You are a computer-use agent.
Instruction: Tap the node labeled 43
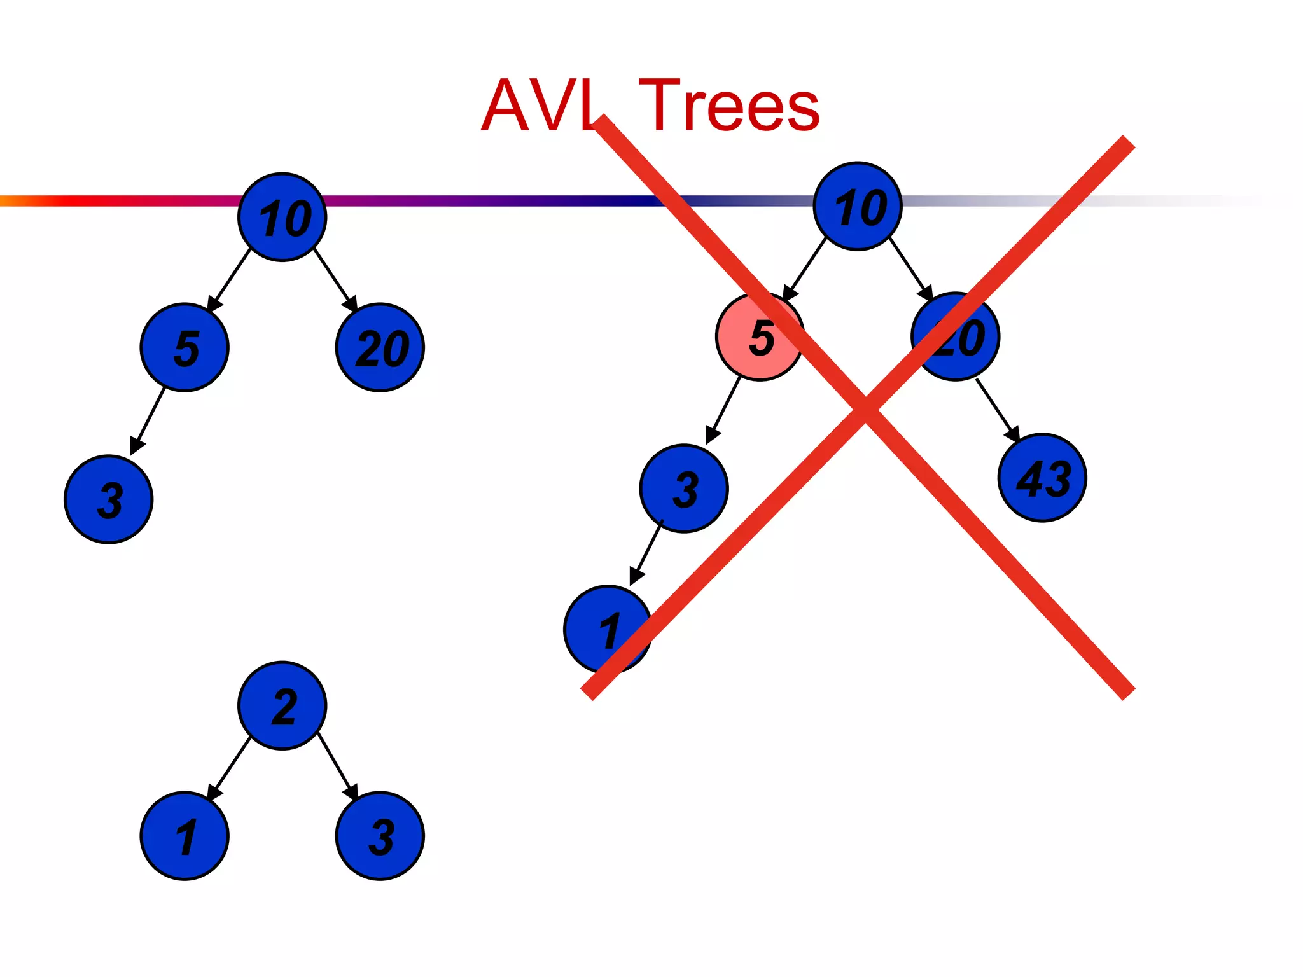pyautogui.click(x=1042, y=478)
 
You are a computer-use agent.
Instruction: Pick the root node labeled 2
pyautogui.click(x=282, y=705)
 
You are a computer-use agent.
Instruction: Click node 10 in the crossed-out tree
pyautogui.click(x=858, y=207)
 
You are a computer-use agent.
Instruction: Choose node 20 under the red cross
pyautogui.click(x=955, y=336)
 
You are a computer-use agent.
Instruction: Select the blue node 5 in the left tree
pyautogui.click(x=185, y=347)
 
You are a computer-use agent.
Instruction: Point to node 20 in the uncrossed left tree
pyautogui.click(x=380, y=347)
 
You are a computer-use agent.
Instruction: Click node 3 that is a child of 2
pyautogui.click(x=380, y=836)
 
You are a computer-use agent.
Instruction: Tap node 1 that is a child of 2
pyautogui.click(x=185, y=836)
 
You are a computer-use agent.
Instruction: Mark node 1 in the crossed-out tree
pyautogui.click(x=608, y=629)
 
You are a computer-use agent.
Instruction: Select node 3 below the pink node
pyautogui.click(x=684, y=488)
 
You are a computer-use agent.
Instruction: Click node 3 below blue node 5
pyautogui.click(x=109, y=499)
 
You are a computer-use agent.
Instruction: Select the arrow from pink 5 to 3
pyautogui.click(x=724, y=409)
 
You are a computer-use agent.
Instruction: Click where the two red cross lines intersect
pyautogui.click(x=865, y=407)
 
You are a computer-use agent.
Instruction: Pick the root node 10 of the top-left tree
pyautogui.click(x=282, y=217)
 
